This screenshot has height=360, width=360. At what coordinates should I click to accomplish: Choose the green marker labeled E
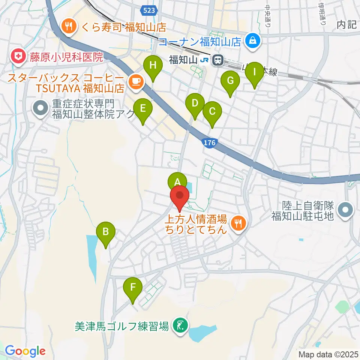tap(142, 109)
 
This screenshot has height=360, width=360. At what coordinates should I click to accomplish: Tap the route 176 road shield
tap(210, 143)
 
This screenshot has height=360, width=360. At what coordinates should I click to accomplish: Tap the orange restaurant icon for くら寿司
tap(69, 26)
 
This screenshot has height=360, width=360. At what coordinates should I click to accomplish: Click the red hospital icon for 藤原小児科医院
tap(17, 57)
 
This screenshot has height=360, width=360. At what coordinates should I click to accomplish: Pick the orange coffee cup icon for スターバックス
tap(135, 81)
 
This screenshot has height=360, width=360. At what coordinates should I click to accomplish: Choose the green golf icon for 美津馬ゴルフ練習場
tap(180, 325)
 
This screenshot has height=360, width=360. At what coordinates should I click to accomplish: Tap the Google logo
tap(25, 351)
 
